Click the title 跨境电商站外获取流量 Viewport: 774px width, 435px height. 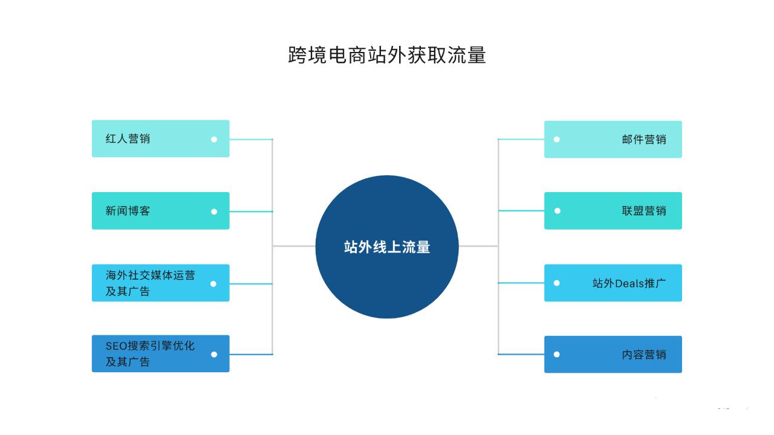tap(387, 55)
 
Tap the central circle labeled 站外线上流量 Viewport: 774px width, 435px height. tap(387, 246)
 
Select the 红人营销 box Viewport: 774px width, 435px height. tap(160, 138)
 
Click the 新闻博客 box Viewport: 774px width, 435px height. tap(160, 211)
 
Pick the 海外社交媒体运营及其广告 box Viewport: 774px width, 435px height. tap(160, 283)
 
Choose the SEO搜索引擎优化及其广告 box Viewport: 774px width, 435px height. tap(160, 353)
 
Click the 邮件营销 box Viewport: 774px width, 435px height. tap(613, 139)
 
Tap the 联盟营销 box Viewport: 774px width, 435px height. tap(613, 211)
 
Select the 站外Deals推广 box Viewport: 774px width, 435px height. tap(613, 283)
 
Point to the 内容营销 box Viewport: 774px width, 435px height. tap(613, 354)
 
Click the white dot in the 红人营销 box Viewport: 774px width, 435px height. tap(214, 139)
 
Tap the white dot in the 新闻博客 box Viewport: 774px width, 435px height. tap(214, 211)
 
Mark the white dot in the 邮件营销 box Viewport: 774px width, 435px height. tap(557, 139)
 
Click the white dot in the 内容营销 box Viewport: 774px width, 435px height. tap(557, 354)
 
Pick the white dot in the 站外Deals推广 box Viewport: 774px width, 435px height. tap(557, 283)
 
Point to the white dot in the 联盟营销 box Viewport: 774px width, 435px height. tap(557, 211)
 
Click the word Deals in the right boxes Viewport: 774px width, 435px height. tap(629, 283)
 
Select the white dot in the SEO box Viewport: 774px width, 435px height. tap(214, 354)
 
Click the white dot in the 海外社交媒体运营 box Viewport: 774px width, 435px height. tap(213, 283)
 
